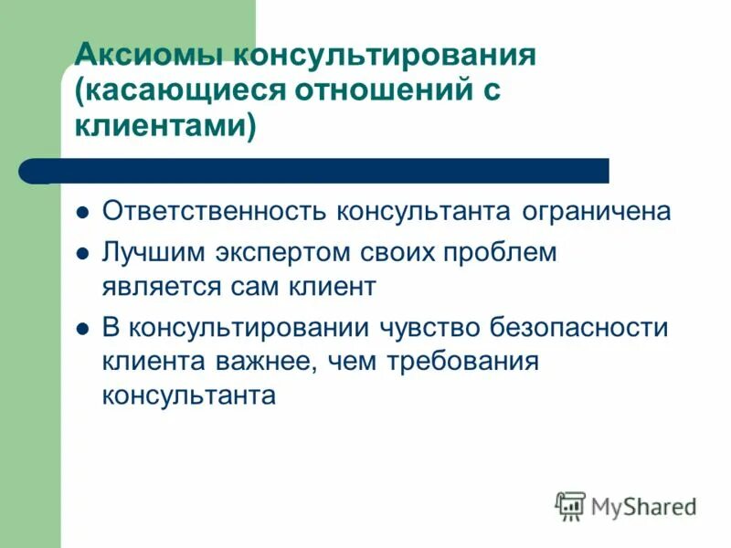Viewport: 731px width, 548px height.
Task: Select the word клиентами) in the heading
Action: point(164,125)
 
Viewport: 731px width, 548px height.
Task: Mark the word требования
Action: point(461,362)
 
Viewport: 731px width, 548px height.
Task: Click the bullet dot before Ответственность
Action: point(82,213)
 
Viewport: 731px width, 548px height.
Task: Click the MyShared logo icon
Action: point(569,504)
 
